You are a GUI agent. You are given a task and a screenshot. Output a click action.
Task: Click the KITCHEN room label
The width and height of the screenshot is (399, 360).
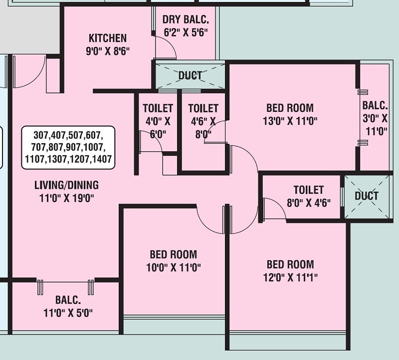point(107,38)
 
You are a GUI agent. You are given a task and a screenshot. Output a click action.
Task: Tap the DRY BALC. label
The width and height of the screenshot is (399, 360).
point(186,20)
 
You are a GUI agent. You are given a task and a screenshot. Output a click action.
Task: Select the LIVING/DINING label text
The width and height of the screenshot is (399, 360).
point(66,185)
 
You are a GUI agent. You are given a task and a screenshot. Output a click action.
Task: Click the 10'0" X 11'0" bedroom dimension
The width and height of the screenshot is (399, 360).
point(173,267)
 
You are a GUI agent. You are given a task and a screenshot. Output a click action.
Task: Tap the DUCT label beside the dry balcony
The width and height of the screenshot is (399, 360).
point(190,76)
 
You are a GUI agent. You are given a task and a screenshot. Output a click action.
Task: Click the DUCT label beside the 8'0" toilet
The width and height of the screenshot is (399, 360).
point(367,196)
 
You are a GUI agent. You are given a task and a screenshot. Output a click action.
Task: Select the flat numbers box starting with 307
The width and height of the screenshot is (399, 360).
point(68,147)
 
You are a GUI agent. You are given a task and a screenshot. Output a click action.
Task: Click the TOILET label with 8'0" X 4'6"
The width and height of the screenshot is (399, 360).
point(308,190)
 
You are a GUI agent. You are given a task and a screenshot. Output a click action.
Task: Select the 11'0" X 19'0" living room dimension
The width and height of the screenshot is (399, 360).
point(66,198)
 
